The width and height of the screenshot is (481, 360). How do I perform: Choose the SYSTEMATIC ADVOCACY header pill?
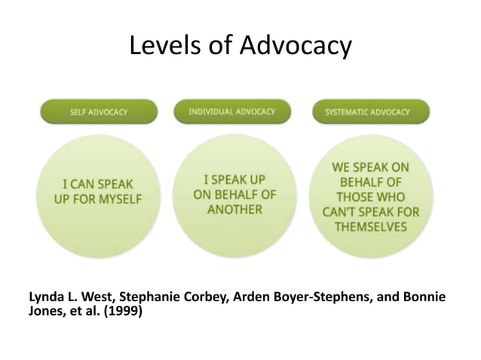click(367, 112)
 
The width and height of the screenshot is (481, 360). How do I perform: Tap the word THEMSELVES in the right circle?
click(370, 227)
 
